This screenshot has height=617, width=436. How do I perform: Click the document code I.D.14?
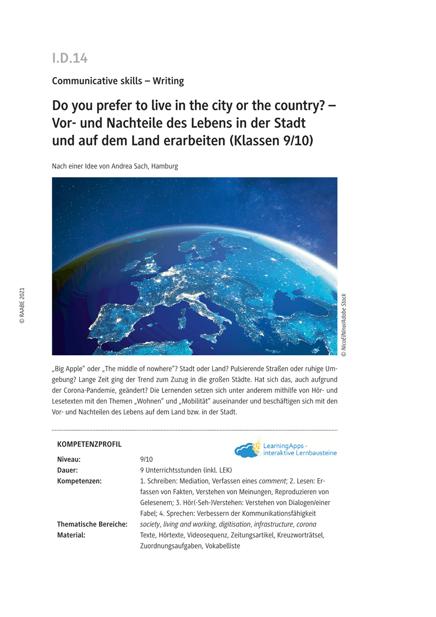point(70,59)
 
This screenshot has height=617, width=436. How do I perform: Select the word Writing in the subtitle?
point(168,81)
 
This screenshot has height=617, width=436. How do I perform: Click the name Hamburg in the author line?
point(165,167)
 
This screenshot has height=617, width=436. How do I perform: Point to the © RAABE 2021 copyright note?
point(22,305)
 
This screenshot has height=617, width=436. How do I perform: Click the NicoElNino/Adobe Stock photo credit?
point(344,325)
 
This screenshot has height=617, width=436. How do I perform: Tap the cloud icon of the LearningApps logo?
point(247,450)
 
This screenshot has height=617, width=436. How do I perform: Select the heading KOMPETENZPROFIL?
point(89,444)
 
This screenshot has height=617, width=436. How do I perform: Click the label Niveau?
point(69,460)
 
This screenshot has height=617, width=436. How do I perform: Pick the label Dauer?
point(67,470)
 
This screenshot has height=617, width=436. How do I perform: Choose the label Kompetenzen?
point(79,481)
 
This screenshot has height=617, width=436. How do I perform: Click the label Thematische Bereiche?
point(92,524)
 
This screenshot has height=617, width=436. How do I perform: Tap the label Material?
point(71,535)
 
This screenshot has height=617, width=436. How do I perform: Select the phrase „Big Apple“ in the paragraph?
point(71,369)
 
